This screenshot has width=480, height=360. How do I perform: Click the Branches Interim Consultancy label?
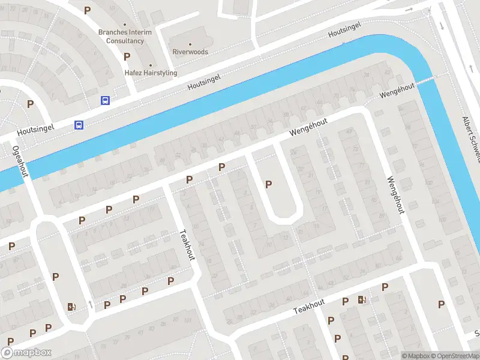tap(125, 37)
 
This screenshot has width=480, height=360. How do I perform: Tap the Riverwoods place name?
tap(190, 52)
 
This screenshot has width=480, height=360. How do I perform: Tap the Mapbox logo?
tap(26, 353)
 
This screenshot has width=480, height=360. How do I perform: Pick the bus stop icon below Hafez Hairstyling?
tap(105, 101)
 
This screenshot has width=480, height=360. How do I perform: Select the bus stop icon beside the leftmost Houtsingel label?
tap(79, 125)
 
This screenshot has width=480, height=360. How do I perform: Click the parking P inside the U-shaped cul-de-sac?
tap(268, 184)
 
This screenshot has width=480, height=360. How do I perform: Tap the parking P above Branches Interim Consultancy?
tap(88, 10)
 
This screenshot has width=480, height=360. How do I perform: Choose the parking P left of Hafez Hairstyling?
tap(127, 56)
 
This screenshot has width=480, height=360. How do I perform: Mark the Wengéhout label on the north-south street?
tap(395, 196)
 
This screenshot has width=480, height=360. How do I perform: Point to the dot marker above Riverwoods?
tap(190, 44)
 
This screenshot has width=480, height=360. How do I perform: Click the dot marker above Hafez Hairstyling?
tap(151, 65)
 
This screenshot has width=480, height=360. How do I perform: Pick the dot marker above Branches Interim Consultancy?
tap(125, 25)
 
